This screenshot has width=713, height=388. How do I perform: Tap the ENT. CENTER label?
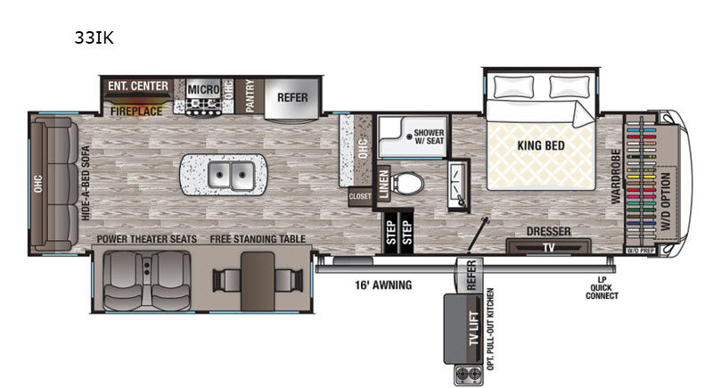(x=138, y=87)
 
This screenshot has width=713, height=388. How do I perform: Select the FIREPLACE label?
(x=136, y=112)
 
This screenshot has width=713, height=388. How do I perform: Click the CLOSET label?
(x=360, y=197)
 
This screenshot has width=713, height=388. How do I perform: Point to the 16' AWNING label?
(x=379, y=285)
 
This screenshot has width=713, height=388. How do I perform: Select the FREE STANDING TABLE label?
(x=258, y=239)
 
